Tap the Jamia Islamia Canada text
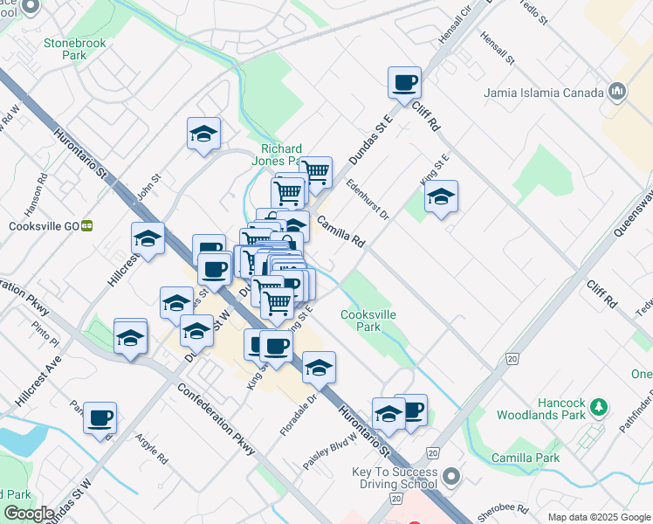click(544, 93)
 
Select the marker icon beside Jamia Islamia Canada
click(618, 92)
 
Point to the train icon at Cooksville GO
click(86, 224)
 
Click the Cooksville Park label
click(361, 321)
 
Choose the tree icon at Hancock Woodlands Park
click(598, 406)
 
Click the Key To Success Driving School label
click(395, 478)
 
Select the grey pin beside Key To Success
click(450, 478)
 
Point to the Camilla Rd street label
click(340, 231)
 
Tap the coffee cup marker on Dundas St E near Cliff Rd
click(404, 83)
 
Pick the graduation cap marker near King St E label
click(441, 196)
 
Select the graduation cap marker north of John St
click(203, 134)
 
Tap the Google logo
click(28, 514)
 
